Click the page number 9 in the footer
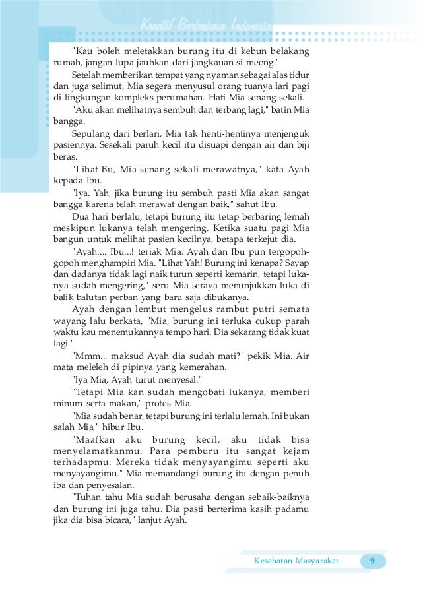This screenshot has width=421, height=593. [373, 561]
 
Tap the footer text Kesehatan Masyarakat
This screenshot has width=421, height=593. [296, 561]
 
